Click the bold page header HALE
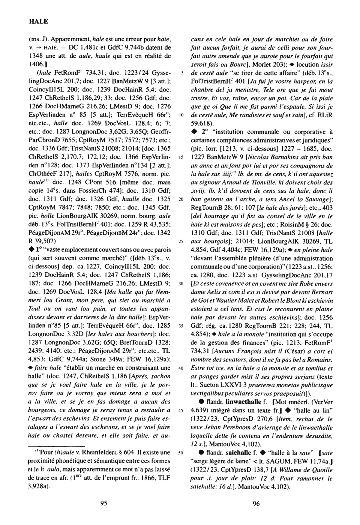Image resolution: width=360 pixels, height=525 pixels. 39,21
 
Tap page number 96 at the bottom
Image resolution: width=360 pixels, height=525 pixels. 256,504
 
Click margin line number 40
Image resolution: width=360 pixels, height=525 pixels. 180,368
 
